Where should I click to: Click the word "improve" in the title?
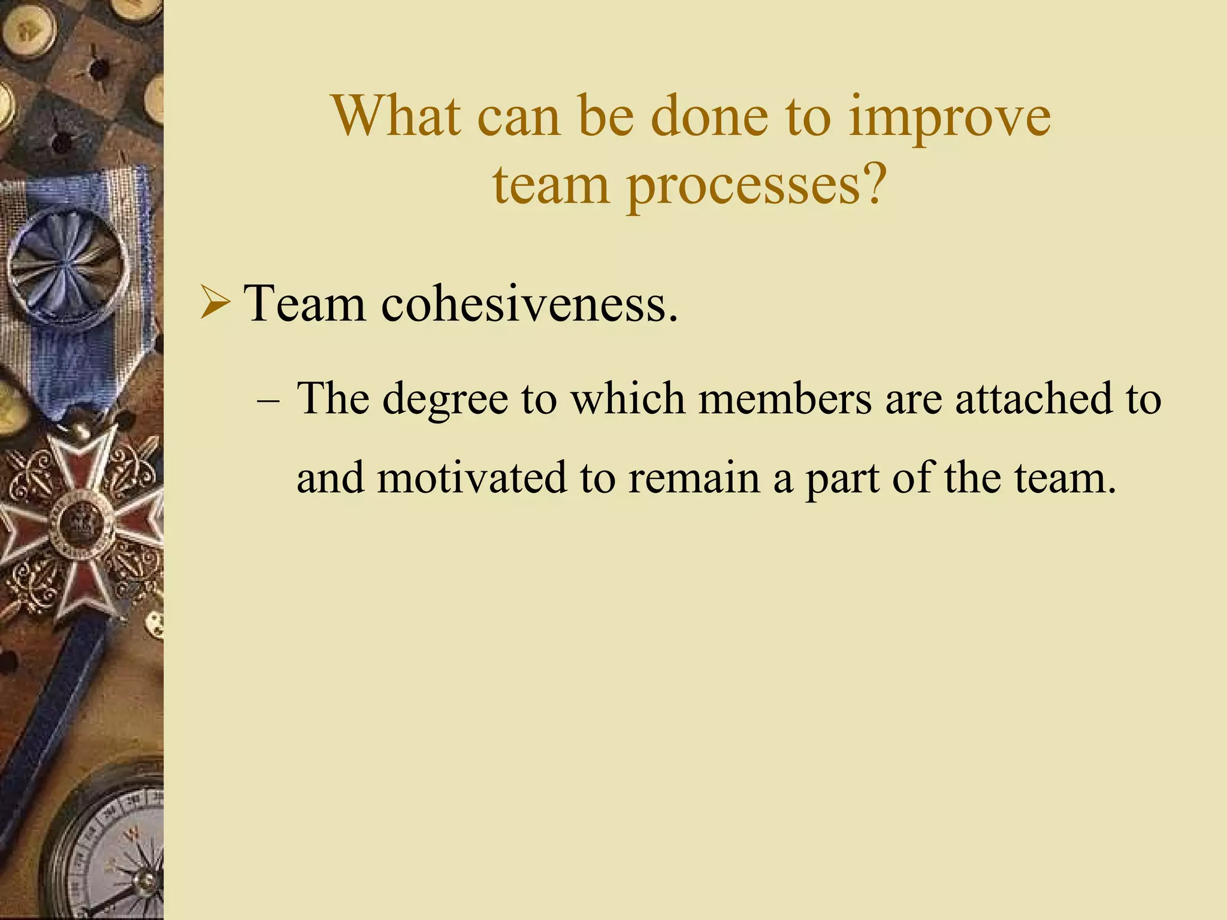[x=949, y=117]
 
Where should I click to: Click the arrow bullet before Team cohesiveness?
[x=214, y=303]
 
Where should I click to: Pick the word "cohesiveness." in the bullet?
[x=530, y=303]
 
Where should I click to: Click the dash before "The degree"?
[x=267, y=400]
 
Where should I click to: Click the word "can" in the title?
[x=518, y=117]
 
